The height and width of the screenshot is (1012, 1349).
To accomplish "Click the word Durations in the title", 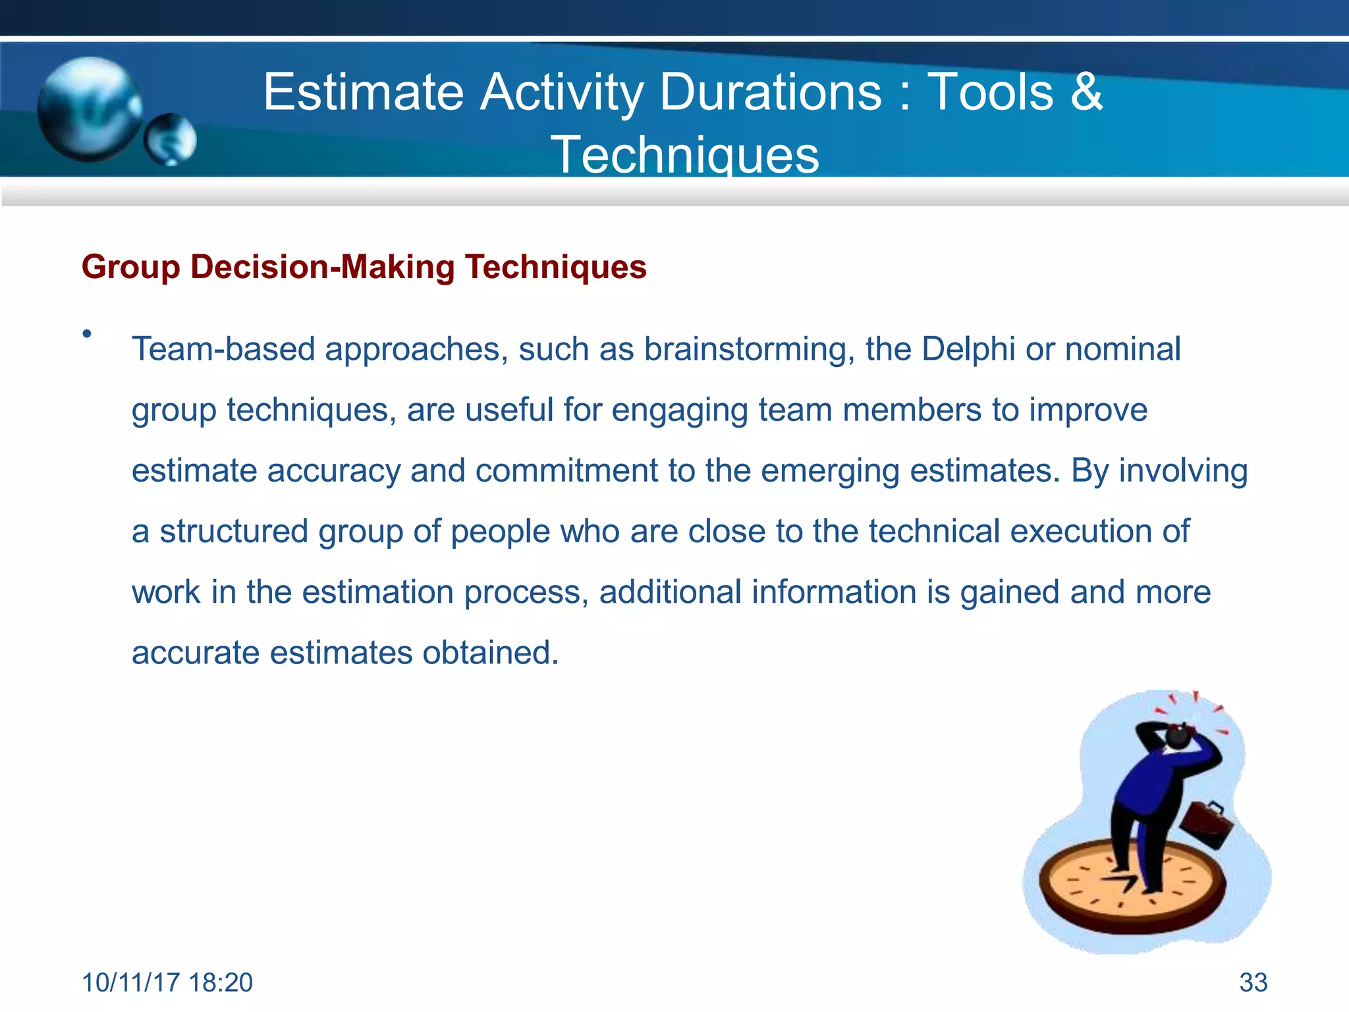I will point(770,92).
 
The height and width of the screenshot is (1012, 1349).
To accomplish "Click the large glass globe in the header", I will point(89,109).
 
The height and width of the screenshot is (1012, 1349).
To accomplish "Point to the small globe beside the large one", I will point(171,140).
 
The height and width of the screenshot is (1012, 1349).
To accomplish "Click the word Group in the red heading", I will point(130,267).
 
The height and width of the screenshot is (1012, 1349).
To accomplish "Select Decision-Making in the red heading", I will point(323,267).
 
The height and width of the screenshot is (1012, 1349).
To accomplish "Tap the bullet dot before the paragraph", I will point(86,335).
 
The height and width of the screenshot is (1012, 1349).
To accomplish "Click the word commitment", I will point(566,471).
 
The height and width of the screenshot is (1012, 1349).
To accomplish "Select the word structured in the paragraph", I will point(233,532).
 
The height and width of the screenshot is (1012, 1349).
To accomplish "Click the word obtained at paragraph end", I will point(490,653).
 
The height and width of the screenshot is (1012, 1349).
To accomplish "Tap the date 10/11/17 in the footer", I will point(130,982).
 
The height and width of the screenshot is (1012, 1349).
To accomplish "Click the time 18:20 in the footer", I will point(220,982).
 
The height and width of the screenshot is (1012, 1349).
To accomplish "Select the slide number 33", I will point(1253,982).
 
